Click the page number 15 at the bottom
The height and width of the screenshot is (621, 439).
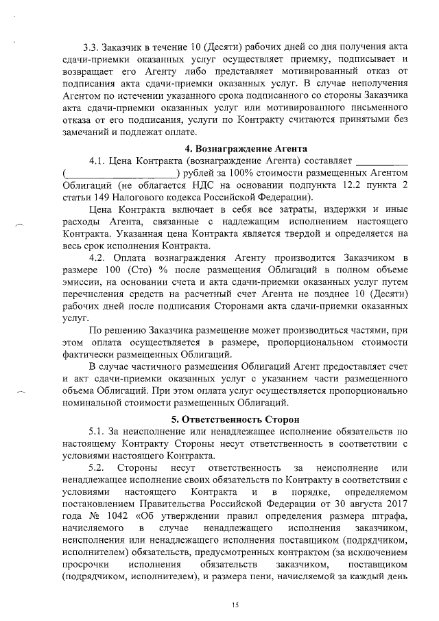point(235,605)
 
